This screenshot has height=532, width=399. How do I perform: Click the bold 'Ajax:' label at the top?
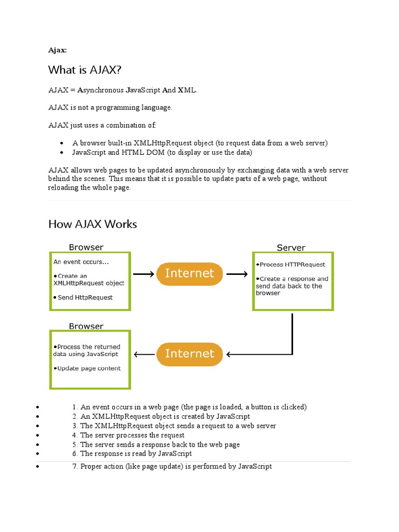click(x=57, y=50)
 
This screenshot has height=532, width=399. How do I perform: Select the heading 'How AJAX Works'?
click(x=92, y=224)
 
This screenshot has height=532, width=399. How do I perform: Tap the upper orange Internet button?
click(x=189, y=274)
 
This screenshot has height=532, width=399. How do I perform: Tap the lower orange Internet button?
click(x=189, y=354)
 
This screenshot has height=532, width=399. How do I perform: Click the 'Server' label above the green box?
click(x=291, y=248)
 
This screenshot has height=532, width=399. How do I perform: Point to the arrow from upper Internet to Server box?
click(x=237, y=274)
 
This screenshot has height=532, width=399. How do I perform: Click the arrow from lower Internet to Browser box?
click(x=144, y=354)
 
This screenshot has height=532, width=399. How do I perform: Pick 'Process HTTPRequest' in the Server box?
click(x=292, y=264)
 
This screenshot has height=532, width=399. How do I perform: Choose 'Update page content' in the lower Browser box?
click(x=87, y=368)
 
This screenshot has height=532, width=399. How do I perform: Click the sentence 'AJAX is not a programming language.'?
click(x=110, y=108)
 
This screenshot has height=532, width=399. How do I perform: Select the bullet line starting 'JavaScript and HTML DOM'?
click(x=162, y=152)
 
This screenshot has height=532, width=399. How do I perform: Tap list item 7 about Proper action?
click(x=172, y=467)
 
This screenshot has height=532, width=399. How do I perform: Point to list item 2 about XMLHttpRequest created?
click(x=161, y=416)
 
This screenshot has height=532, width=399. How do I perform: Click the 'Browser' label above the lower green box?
click(x=86, y=326)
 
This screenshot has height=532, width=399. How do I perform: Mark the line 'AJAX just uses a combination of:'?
click(x=102, y=125)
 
